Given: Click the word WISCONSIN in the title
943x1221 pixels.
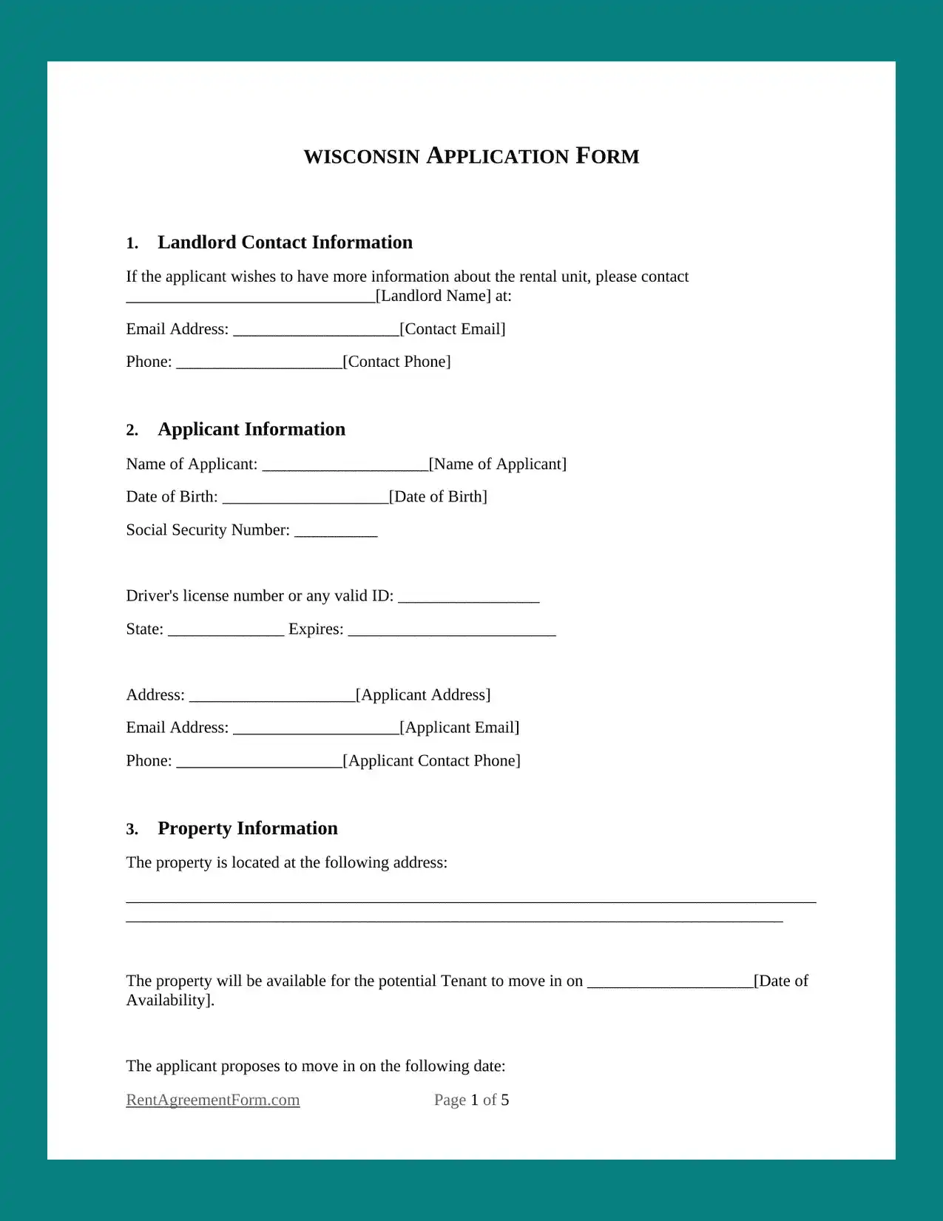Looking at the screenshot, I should [x=362, y=157].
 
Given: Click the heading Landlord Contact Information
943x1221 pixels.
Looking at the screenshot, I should [x=285, y=243].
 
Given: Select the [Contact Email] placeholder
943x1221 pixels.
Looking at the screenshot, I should [x=453, y=329].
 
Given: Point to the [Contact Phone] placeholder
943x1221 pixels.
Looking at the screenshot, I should [x=396, y=362].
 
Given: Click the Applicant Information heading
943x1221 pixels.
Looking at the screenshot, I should [x=251, y=430].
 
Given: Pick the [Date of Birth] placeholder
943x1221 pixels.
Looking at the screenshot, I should [x=438, y=496].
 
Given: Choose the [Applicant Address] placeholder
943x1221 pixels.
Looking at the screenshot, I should [x=423, y=694].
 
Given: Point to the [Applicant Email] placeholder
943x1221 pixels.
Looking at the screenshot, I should [x=459, y=728].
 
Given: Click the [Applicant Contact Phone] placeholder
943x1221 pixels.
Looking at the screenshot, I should [x=432, y=761].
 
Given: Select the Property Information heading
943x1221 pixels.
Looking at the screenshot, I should [x=248, y=828].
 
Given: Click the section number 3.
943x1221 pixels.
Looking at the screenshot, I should [x=132, y=830].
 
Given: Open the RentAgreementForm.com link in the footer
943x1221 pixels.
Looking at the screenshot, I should [x=213, y=1100].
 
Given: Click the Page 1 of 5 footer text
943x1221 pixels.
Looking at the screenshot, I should [x=471, y=1100].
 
